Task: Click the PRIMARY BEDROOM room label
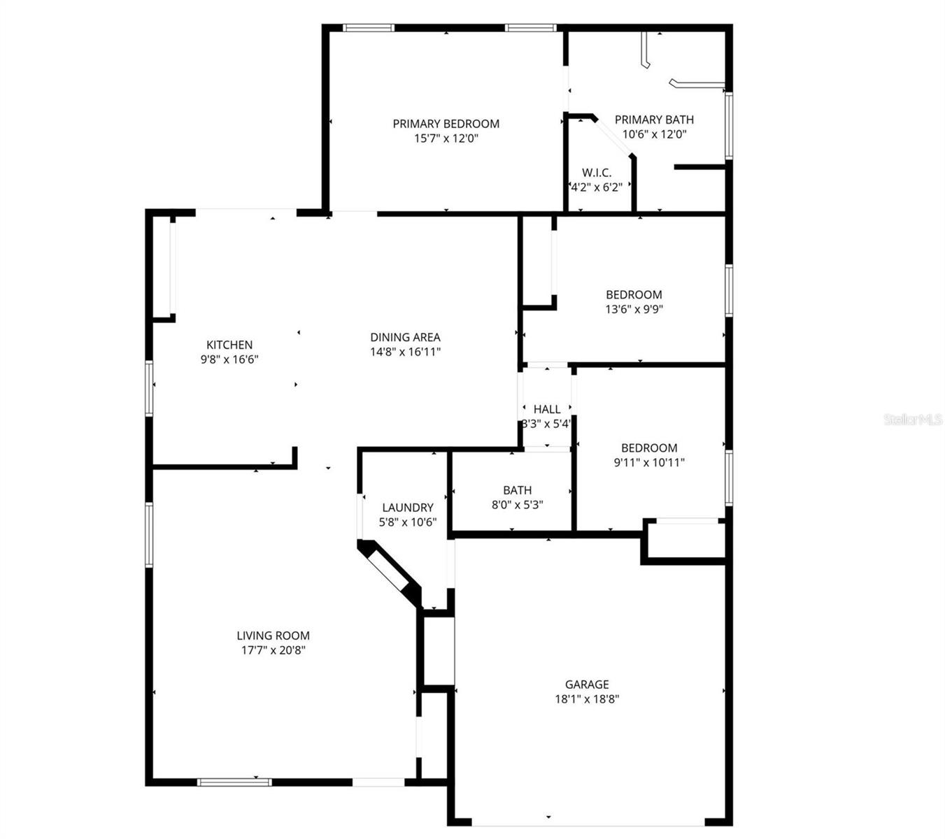446,124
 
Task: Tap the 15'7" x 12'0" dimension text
446,138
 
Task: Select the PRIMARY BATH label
654,120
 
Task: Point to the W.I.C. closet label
597,173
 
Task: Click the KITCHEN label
229,345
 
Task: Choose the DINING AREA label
405,337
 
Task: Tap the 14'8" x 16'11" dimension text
405,352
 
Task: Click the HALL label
547,409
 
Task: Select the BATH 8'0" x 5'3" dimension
517,505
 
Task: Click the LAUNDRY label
408,508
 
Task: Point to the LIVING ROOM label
273,636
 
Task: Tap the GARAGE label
587,684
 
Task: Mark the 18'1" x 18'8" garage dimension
587,699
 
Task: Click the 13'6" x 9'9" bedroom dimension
634,309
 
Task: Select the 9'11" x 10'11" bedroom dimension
649,462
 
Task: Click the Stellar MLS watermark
913,419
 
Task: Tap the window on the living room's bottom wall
234,782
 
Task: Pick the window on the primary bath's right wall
728,126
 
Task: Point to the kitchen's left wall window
149,388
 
